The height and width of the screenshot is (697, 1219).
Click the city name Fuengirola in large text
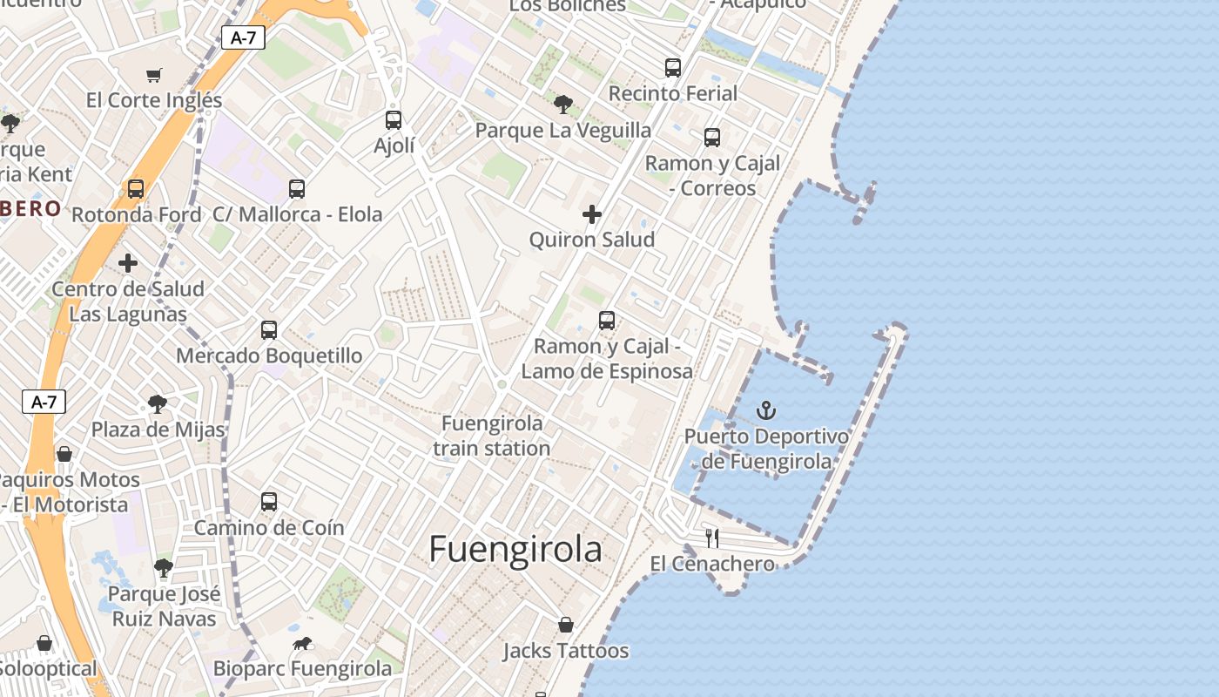[515, 550]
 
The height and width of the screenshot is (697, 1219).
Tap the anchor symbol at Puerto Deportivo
[766, 409]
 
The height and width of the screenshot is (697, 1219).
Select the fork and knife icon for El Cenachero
[712, 538]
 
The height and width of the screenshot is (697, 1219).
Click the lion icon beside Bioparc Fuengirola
[302, 644]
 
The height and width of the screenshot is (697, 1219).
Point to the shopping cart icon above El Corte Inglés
[154, 75]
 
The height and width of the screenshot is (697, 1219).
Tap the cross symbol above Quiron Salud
[592, 213]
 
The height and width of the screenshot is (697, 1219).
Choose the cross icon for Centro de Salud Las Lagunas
[128, 262]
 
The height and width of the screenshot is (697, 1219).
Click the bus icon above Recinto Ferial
[672, 67]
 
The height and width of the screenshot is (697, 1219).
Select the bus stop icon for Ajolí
[394, 119]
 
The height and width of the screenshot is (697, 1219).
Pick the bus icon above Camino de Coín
[269, 502]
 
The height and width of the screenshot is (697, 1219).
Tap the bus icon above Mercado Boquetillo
[269, 330]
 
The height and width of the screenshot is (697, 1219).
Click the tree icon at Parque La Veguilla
[563, 105]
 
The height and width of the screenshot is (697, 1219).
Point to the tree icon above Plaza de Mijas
[158, 403]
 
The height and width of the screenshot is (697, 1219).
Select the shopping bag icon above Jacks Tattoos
[566, 625]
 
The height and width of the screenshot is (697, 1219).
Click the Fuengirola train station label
[492, 436]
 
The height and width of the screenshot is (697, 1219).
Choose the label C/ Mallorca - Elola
[297, 214]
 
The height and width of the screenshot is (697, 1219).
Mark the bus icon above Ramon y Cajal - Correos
[712, 137]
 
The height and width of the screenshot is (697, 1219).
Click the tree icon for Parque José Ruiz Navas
[163, 568]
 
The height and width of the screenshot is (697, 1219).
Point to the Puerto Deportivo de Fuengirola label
[766, 449]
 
